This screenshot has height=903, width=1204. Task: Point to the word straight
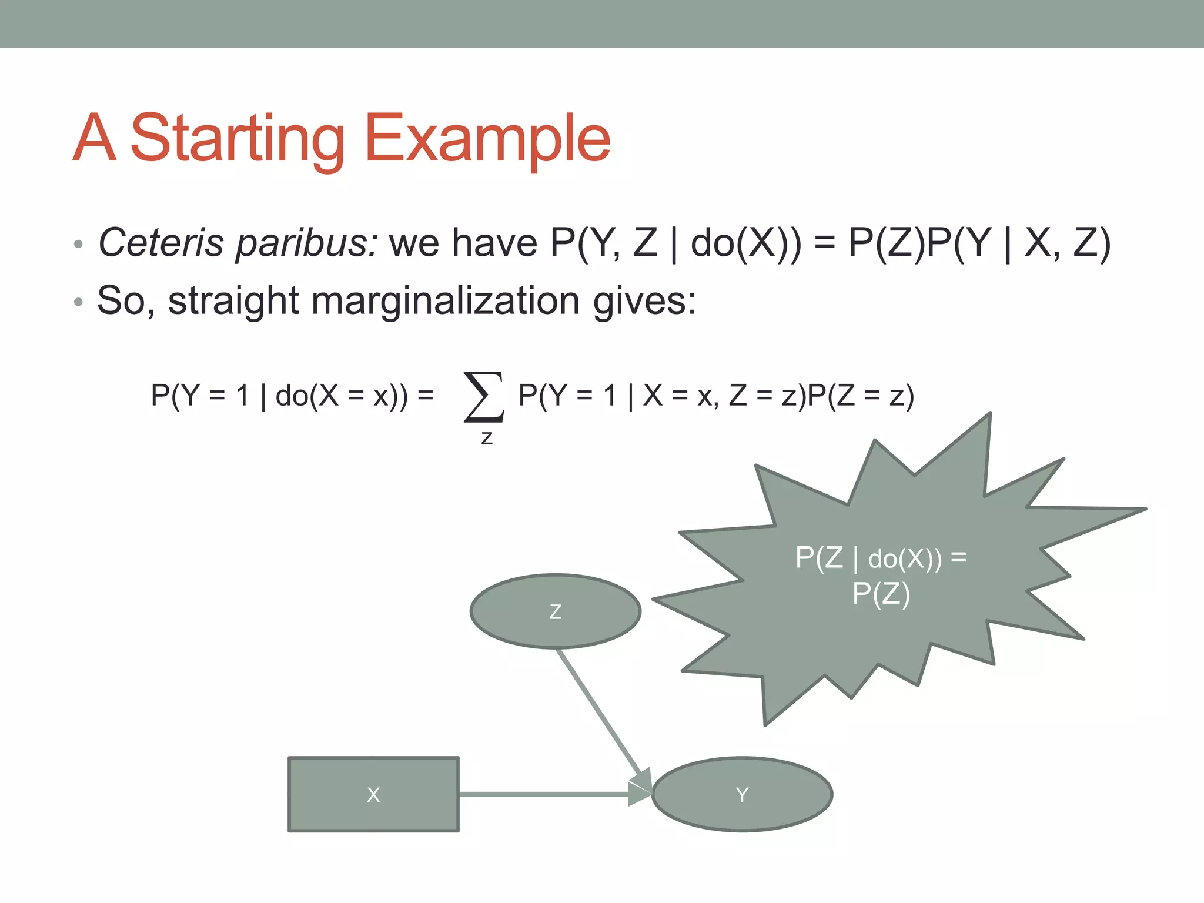click(233, 301)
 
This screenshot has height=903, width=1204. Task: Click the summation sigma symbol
click(484, 397)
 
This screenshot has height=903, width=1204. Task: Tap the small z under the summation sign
click(487, 438)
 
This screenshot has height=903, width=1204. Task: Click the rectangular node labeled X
click(373, 794)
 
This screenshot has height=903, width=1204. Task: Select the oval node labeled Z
click(555, 611)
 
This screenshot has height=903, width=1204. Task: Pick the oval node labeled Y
click(742, 794)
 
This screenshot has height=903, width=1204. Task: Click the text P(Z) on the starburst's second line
click(881, 594)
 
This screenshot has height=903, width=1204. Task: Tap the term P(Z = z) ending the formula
click(861, 396)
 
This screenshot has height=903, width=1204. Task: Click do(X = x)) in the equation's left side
click(341, 396)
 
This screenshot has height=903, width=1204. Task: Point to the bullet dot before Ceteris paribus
click(78, 245)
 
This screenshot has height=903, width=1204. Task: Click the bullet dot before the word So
click(78, 303)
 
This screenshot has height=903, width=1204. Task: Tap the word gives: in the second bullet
click(644, 301)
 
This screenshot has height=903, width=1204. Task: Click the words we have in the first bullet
click(463, 243)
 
